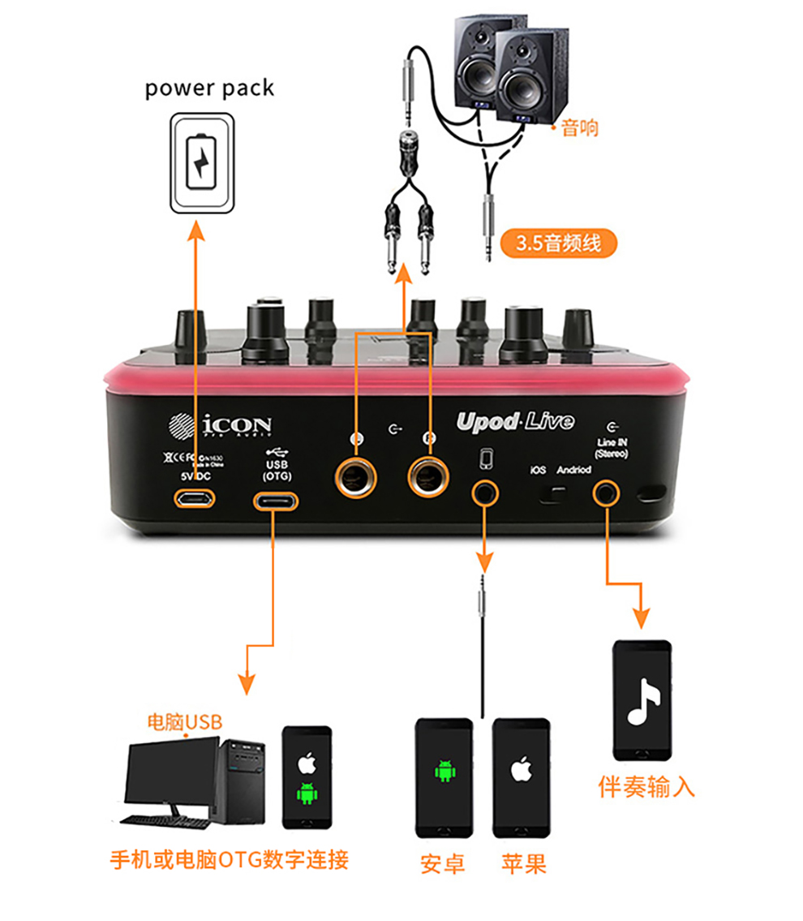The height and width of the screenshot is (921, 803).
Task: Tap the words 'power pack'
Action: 209,88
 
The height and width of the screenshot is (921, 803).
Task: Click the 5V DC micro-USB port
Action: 195,498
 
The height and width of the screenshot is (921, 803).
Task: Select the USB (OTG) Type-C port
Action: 275,500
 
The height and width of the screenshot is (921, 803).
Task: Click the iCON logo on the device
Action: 220,426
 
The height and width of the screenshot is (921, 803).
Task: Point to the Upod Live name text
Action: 515,421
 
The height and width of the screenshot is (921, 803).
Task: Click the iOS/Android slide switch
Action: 556,493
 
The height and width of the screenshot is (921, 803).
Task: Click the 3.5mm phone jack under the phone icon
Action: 485,491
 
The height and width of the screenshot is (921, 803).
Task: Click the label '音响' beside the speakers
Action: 580,127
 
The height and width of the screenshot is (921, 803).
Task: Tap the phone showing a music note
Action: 642,699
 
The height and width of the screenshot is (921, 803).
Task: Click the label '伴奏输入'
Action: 646,786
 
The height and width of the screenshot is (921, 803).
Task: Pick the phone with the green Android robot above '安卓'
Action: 444,777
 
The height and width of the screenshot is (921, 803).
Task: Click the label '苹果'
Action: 523,863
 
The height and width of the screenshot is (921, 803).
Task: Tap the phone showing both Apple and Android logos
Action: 307,777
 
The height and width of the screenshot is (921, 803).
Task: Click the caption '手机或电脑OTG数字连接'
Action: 230,859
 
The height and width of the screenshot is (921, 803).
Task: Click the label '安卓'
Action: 443,863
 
